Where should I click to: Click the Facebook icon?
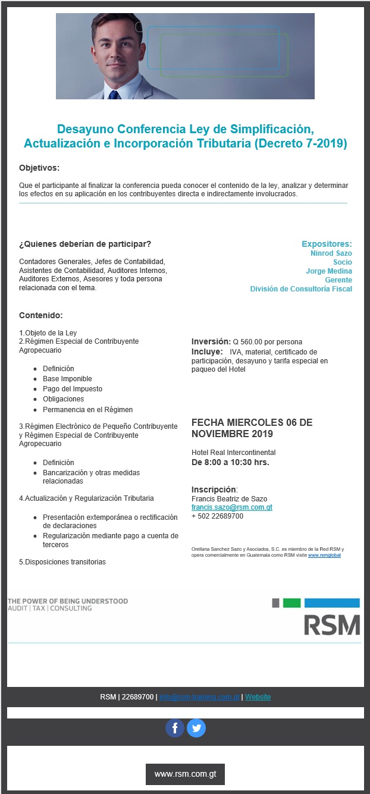click(175, 728)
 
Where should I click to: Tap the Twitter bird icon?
click(196, 728)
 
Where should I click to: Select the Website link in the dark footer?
click(258, 697)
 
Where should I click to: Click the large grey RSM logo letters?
click(332, 624)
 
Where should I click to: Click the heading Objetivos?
click(39, 168)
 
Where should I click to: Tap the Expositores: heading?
click(327, 244)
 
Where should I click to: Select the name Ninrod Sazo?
click(331, 253)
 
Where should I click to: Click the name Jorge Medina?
click(328, 271)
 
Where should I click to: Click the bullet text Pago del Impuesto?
click(73, 389)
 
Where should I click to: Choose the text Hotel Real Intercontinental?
click(233, 453)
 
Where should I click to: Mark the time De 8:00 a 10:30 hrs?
click(230, 462)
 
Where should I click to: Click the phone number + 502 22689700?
click(217, 516)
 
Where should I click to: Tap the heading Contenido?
click(41, 315)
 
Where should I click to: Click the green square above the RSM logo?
click(291, 603)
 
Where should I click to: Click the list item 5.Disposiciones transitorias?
click(62, 562)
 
